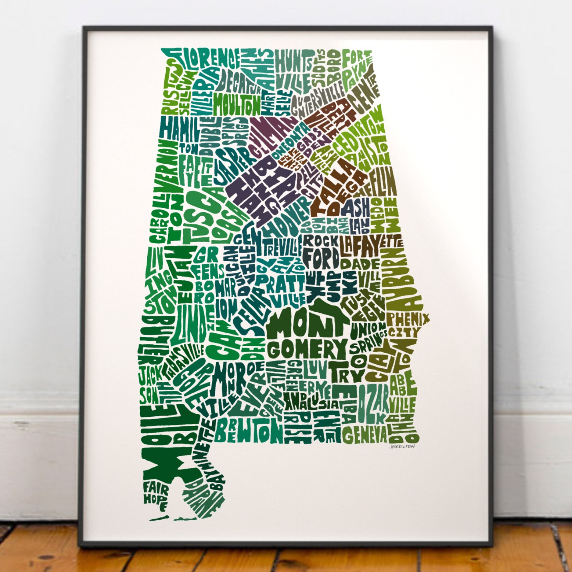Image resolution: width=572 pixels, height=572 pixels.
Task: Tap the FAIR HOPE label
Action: point(156,496)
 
